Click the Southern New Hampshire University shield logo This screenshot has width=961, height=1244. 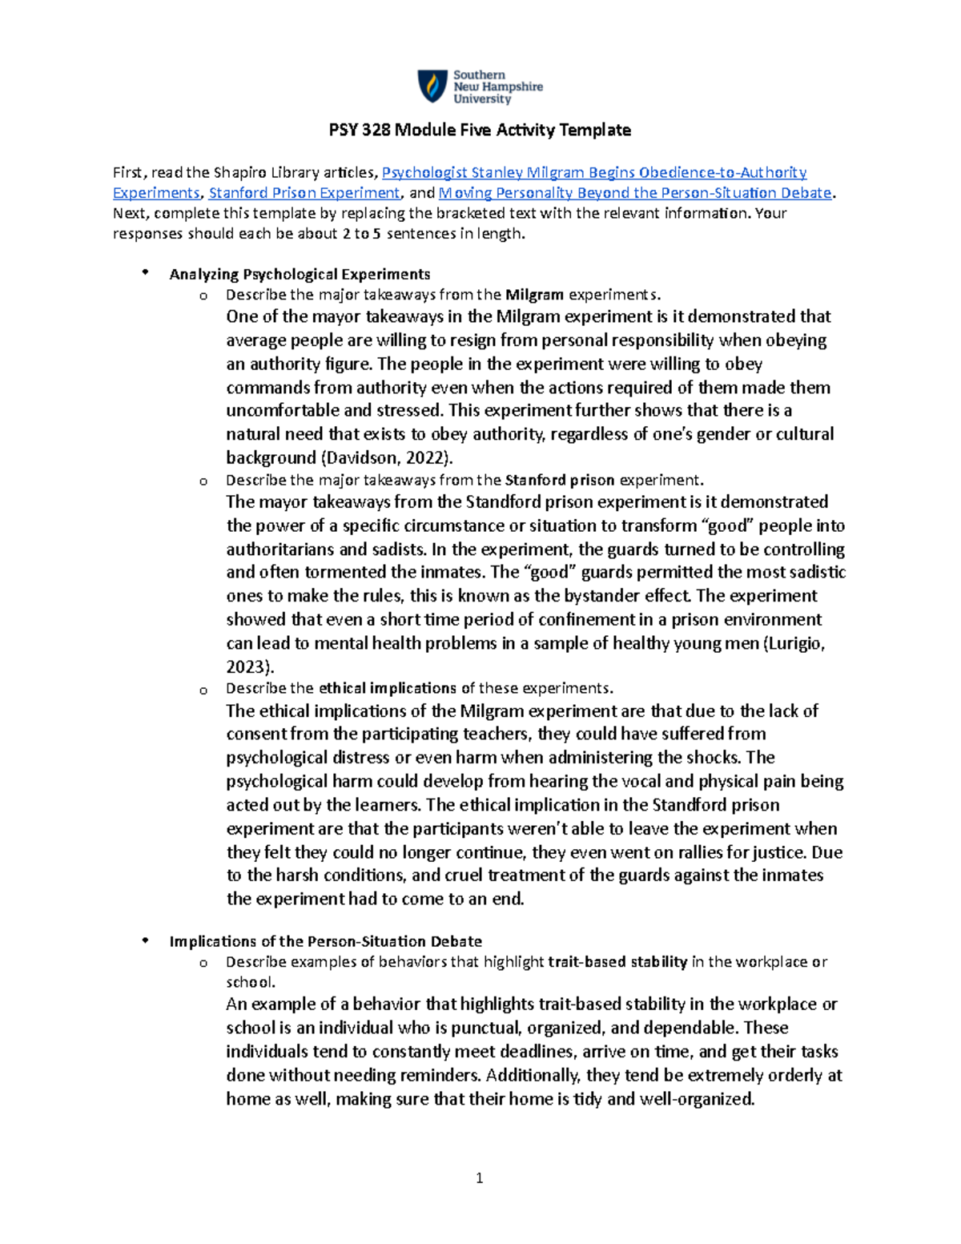[x=433, y=86]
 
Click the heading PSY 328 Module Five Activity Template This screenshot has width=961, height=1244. [x=480, y=130]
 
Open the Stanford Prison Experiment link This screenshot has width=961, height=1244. [x=304, y=193]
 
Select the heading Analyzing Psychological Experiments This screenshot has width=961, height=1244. [x=300, y=274]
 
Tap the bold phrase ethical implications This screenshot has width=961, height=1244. [x=388, y=688]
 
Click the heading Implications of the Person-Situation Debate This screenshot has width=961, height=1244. [x=325, y=941]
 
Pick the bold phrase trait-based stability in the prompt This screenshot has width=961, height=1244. [x=617, y=962]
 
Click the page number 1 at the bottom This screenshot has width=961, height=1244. [x=479, y=1178]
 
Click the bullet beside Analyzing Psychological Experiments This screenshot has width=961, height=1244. [x=145, y=273]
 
